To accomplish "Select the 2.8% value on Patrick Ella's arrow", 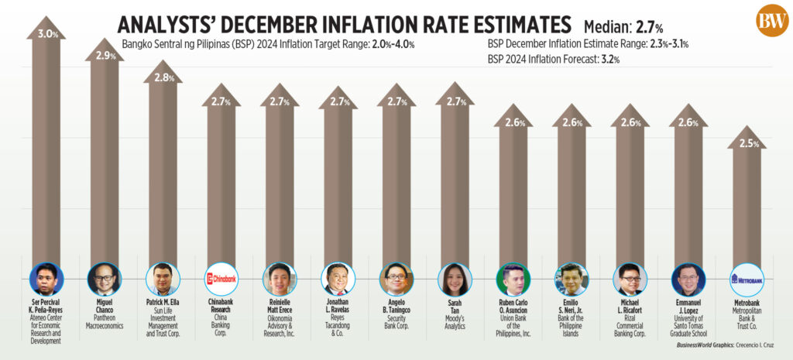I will (x=163, y=77).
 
